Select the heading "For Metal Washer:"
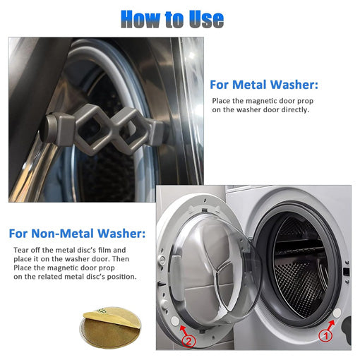(264, 85)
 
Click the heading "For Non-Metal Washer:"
(77, 233)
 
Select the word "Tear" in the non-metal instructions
(21, 250)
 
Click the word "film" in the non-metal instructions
(109, 250)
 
